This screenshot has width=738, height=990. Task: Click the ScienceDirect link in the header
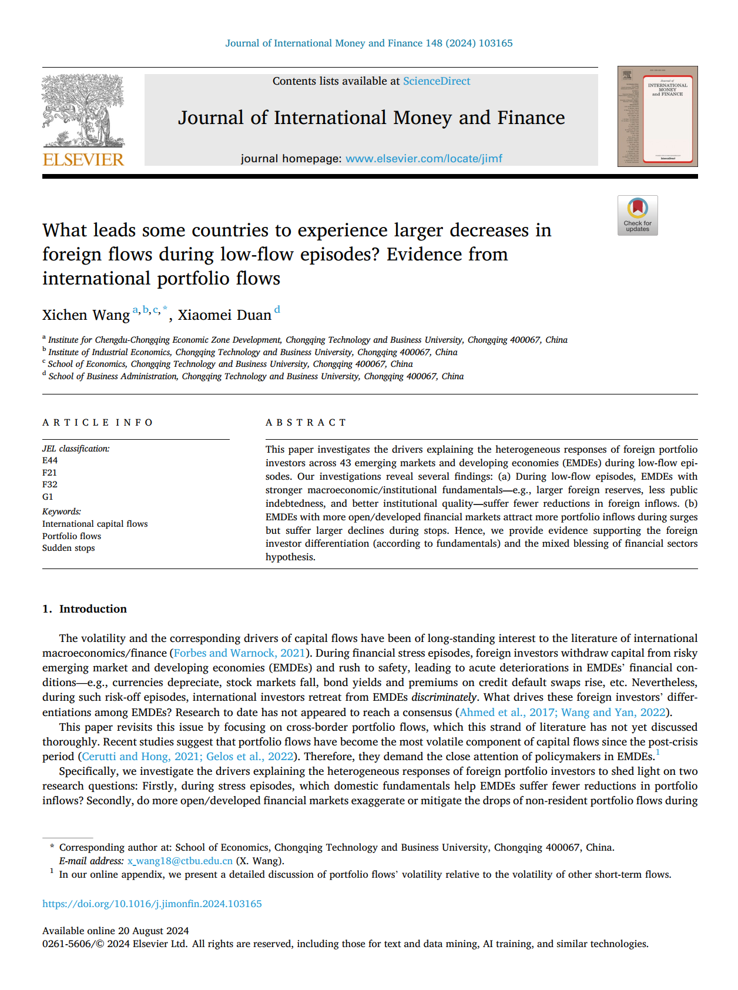pos(436,81)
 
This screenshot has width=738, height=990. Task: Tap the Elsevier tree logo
pos(83,111)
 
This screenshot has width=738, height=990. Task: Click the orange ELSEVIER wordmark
pos(83,160)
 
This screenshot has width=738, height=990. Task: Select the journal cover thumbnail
pos(658,116)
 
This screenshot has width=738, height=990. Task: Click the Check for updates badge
pos(638,215)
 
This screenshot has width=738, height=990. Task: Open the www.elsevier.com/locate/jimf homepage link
pos(424,158)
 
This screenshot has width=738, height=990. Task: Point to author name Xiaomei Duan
pos(224,315)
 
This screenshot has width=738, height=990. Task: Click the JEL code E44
pos(50,460)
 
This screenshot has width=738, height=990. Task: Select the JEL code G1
pos(48,497)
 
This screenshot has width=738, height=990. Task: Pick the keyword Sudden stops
pos(68,548)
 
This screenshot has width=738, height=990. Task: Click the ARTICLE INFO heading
pos(98,423)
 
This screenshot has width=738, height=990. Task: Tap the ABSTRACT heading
pos(306,423)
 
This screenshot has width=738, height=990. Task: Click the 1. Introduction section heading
pos(85,609)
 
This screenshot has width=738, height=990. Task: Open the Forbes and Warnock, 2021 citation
pos(239,653)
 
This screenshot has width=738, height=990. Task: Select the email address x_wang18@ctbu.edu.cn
pos(180,861)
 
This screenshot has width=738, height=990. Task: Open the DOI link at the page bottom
pos(152,904)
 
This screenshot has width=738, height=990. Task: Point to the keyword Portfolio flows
pos(72,536)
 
